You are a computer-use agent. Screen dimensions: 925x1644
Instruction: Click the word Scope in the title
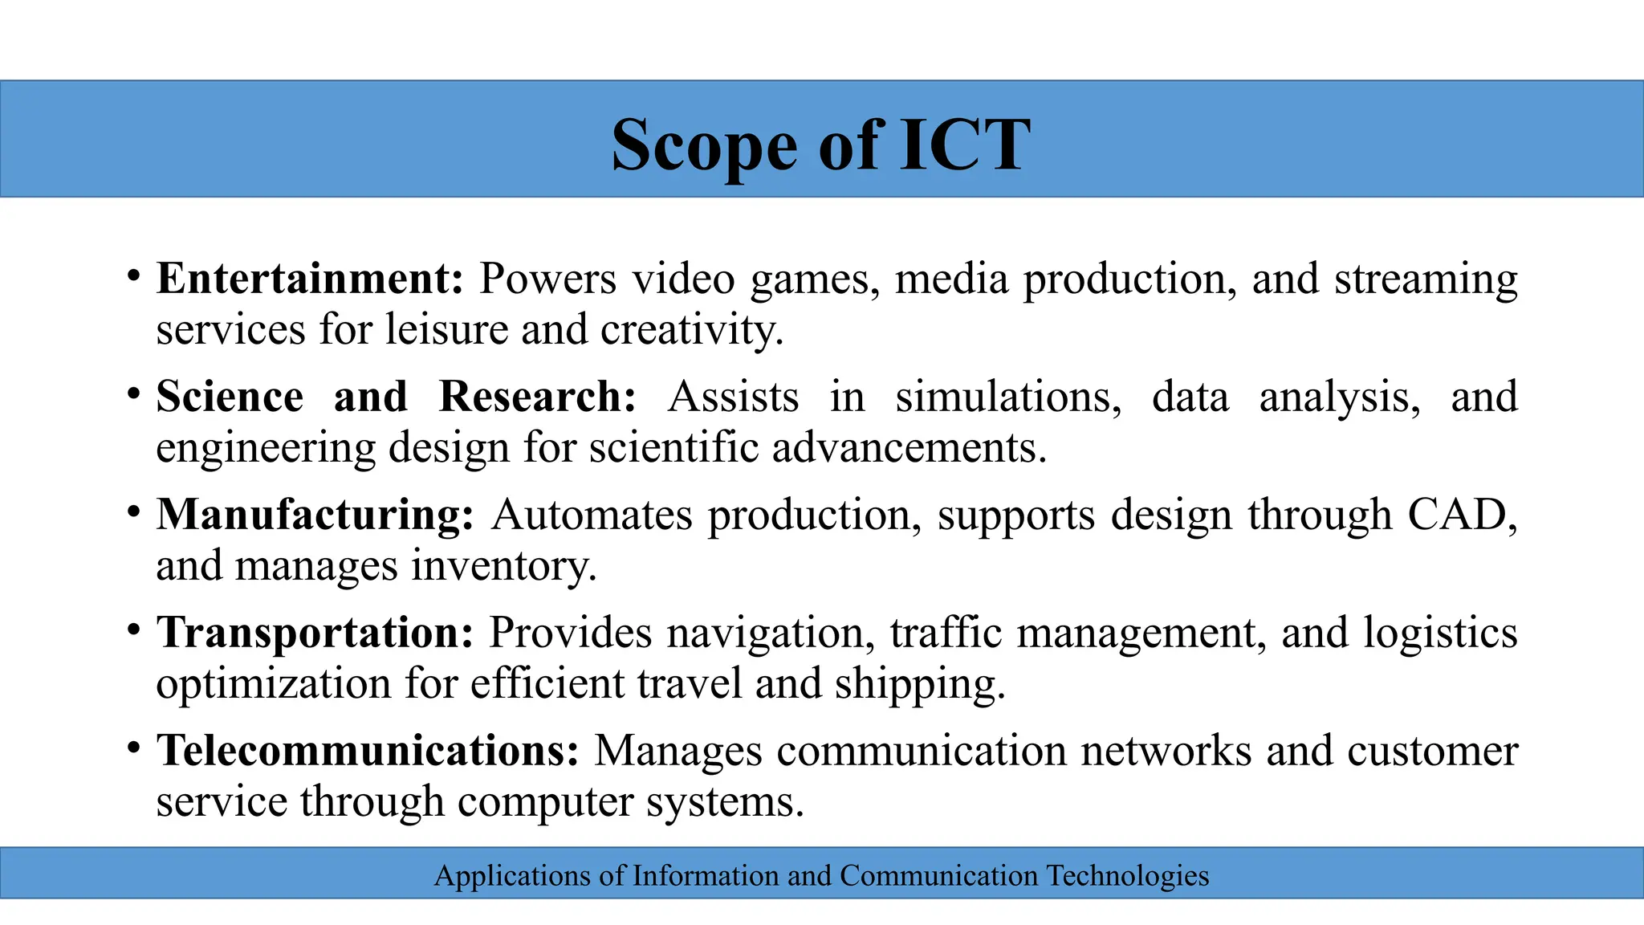point(704,145)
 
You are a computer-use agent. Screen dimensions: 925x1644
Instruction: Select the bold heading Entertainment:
point(310,279)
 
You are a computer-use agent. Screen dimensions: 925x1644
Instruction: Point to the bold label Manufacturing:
point(315,515)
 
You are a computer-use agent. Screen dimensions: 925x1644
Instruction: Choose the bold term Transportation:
point(315,633)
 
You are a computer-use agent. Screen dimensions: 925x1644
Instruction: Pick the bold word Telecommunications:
point(368,751)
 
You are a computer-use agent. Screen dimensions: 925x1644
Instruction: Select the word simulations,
point(1008,397)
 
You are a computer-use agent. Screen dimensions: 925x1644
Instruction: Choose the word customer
point(1432,752)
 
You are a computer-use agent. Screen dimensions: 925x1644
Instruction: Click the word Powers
point(547,279)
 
